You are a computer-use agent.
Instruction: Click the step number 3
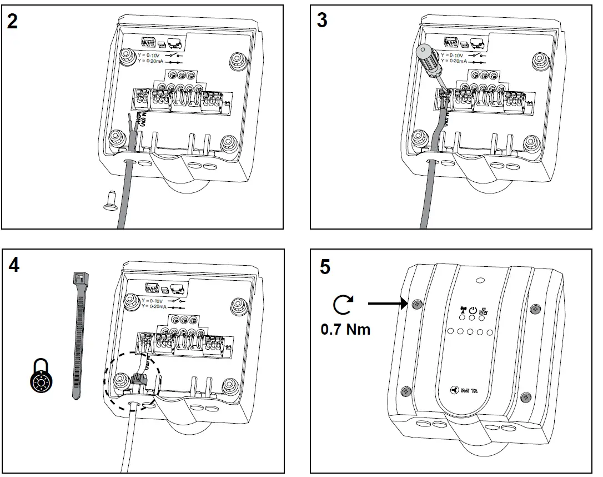pos(321,21)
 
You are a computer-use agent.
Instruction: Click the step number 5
pos(325,266)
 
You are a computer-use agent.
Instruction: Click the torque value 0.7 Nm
pos(345,329)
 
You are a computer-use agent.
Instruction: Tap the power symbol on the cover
pos(473,311)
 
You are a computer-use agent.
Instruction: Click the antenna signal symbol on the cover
pos(462,311)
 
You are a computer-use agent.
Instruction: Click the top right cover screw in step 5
pos(535,309)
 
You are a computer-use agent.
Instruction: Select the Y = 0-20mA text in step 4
pos(155,306)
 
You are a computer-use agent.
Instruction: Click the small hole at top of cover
pos(481,281)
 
